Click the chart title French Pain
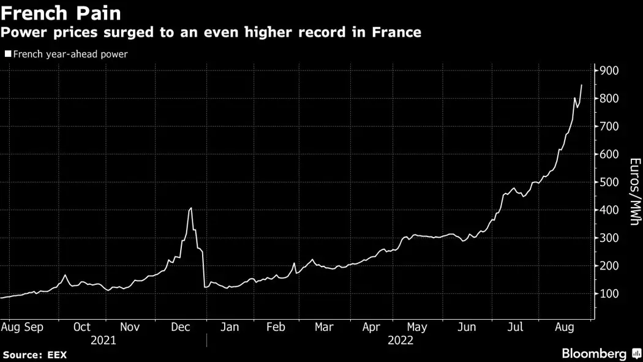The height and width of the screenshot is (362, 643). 61,13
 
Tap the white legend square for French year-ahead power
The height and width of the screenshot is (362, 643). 7,54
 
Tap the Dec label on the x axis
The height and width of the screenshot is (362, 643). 181,327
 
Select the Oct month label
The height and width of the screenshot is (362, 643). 81,327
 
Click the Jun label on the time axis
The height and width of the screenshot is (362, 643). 467,327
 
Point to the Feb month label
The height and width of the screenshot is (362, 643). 276,327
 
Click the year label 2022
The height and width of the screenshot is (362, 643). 400,341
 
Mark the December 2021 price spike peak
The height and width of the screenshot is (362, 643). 191,208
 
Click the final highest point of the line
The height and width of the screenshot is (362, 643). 581,85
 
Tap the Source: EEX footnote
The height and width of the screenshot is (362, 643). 34,355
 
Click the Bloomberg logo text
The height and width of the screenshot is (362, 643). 594,354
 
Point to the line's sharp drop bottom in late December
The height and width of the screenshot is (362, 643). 205,287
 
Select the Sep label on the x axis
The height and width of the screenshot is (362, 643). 34,327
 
